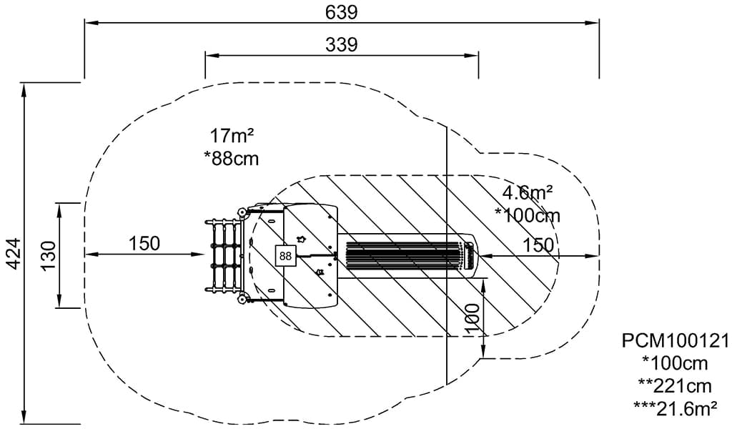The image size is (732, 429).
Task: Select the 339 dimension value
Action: tap(342, 44)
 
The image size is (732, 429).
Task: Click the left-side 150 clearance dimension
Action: tap(144, 244)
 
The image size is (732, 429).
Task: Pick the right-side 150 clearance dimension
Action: tap(538, 245)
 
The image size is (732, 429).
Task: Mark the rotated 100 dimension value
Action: tap(472, 319)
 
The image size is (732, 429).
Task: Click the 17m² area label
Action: tap(232, 135)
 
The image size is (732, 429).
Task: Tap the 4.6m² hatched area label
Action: tap(528, 192)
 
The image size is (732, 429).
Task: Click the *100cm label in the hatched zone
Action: tap(528, 214)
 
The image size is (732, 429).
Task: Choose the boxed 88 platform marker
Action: tap(286, 255)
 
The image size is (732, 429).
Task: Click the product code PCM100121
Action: tap(675, 340)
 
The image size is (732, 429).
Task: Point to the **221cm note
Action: tap(675, 386)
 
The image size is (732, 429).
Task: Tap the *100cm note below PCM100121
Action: tap(675, 363)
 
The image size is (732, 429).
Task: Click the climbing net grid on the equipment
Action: tap(223, 255)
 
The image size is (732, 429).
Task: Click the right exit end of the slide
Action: tap(470, 255)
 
